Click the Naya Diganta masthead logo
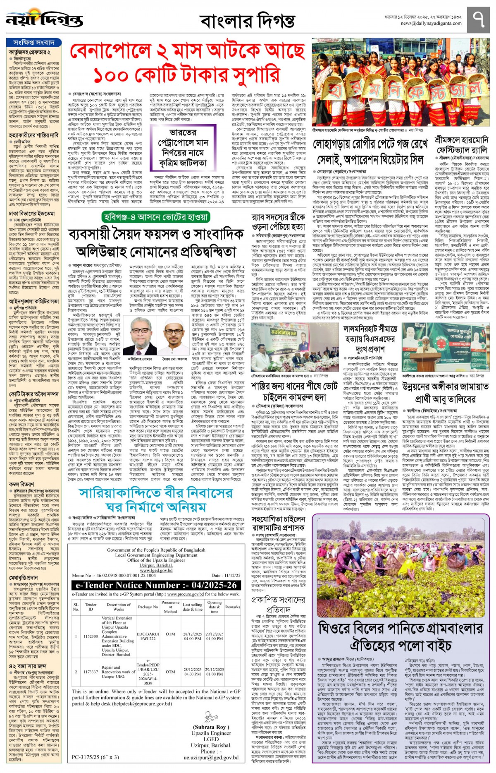click(44, 19)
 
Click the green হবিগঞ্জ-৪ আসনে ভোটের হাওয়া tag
click(156, 216)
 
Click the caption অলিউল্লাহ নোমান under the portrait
click(140, 359)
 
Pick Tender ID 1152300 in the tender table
click(91, 636)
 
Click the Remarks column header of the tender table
click(232, 607)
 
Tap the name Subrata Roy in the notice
click(210, 727)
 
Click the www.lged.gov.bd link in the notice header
click(156, 570)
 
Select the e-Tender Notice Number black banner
click(156, 585)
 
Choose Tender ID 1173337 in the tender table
click(91, 672)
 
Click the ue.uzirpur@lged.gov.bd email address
click(211, 758)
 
